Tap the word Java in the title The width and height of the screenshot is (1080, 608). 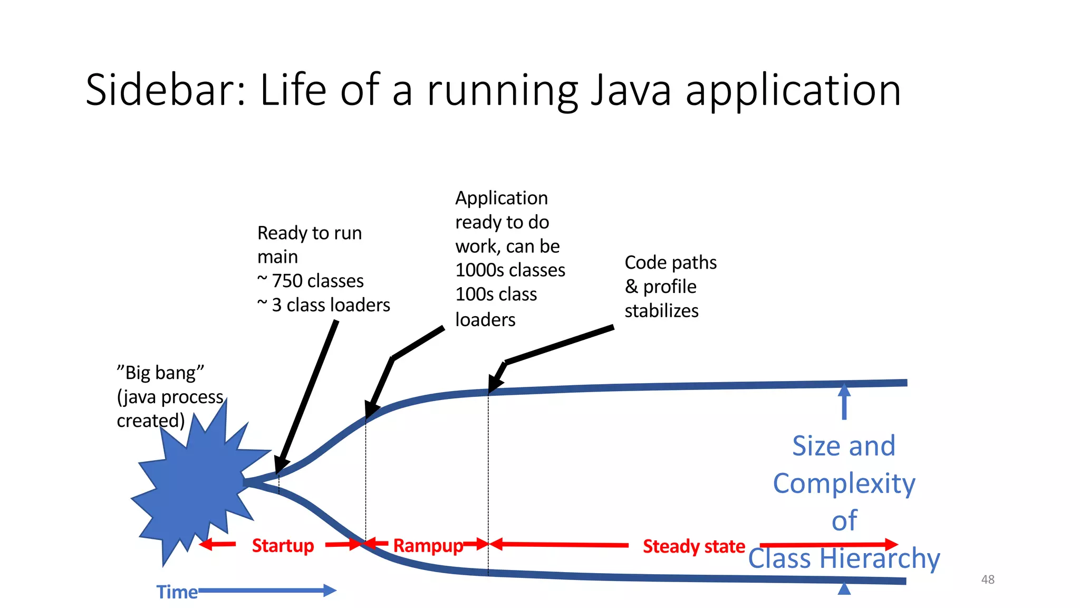(x=631, y=90)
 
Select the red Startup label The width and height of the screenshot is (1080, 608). (x=283, y=545)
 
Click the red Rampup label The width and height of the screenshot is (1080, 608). (x=428, y=545)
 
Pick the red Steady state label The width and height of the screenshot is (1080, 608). (x=693, y=546)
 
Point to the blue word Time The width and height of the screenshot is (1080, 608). (x=177, y=592)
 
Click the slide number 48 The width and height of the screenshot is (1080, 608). (x=987, y=579)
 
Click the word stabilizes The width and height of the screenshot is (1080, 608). (x=661, y=311)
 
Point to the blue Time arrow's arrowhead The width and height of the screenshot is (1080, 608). (x=330, y=591)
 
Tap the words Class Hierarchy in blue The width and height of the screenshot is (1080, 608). (x=844, y=558)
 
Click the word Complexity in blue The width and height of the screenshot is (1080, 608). (x=844, y=483)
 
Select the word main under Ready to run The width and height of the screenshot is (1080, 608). (x=277, y=257)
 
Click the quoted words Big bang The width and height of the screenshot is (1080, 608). (x=160, y=373)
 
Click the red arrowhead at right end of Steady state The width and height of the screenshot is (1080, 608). (x=891, y=544)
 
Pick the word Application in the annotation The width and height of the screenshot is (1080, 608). (x=502, y=198)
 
